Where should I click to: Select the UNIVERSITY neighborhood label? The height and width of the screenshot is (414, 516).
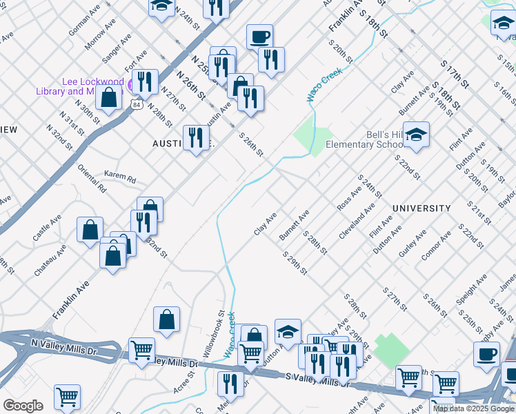pos(421,208)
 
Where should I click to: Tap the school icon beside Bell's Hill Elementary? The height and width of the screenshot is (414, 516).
pos(416,135)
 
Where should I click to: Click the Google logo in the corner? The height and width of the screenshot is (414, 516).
pos(23,406)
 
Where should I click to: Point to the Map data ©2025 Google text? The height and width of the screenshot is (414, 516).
pos(474,408)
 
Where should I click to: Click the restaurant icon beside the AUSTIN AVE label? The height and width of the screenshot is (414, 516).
pos(196,138)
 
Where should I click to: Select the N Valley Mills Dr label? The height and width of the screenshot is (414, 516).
pos(65,346)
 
